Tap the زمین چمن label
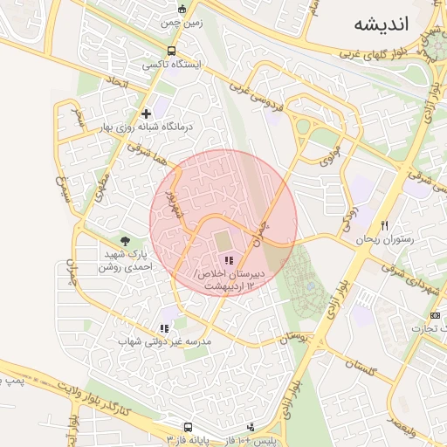click(x=182, y=24)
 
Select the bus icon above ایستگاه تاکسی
click(x=171, y=51)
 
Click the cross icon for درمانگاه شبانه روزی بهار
click(x=146, y=113)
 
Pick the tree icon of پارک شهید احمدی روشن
click(x=126, y=240)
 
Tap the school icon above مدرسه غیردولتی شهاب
click(x=164, y=328)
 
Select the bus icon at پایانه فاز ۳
click(x=188, y=428)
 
